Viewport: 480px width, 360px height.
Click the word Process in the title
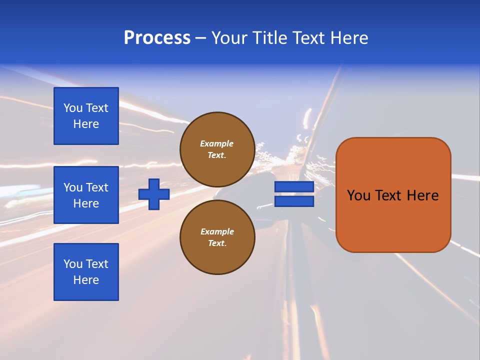click(x=157, y=38)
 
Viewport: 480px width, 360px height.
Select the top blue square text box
click(x=86, y=116)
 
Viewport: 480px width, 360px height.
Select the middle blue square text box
click(x=86, y=195)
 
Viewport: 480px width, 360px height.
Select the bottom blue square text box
click(x=86, y=272)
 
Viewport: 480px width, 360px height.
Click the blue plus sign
click(x=154, y=194)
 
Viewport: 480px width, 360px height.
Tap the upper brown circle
click(x=217, y=149)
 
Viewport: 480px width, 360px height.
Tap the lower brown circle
click(x=217, y=237)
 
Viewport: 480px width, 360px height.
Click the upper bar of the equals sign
click(x=294, y=186)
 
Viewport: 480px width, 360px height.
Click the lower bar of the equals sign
click(x=294, y=201)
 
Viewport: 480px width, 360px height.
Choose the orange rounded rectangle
click(x=393, y=220)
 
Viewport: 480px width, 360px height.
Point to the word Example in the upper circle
click(x=217, y=143)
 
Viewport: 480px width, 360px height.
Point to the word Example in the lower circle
click(x=217, y=231)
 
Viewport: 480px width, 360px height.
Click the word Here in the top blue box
click(x=86, y=124)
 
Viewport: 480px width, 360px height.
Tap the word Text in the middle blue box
click(x=96, y=187)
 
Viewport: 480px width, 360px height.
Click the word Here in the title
click(x=349, y=38)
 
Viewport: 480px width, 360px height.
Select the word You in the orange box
click(x=358, y=195)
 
